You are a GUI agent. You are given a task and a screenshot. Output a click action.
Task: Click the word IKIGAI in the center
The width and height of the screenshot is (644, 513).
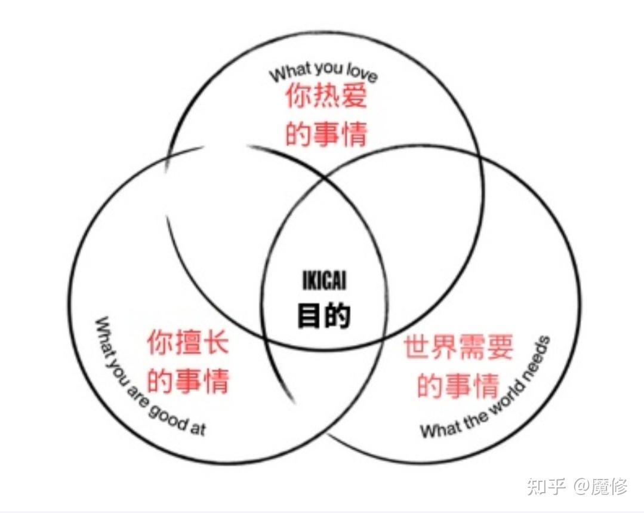pyautogui.click(x=323, y=281)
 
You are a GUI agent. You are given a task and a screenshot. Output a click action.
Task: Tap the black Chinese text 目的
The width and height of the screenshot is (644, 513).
pyautogui.click(x=323, y=315)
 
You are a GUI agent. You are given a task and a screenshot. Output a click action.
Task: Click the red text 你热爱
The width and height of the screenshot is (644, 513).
pyautogui.click(x=325, y=97)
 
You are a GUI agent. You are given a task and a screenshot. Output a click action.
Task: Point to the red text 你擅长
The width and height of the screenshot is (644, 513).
pyautogui.click(x=188, y=343)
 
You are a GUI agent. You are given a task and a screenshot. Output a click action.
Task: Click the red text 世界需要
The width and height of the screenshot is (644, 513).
pyautogui.click(x=458, y=347)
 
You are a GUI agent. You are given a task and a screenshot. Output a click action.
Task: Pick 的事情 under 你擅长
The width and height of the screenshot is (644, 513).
pyautogui.click(x=188, y=380)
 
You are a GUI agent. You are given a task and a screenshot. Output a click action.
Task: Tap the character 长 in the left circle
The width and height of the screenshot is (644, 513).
pyautogui.click(x=215, y=343)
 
